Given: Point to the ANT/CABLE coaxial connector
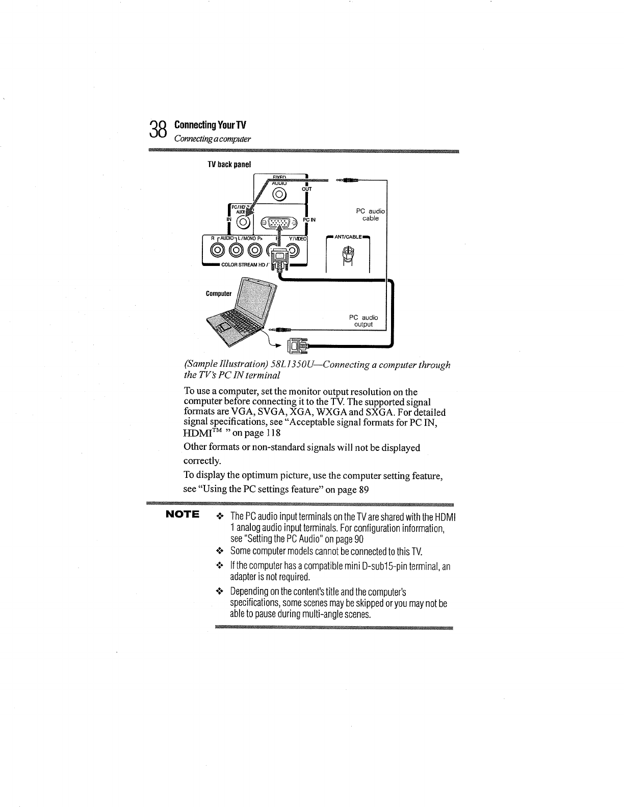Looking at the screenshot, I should pyautogui.click(x=348, y=253).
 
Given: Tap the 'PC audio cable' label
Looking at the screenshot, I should pyautogui.click(x=371, y=214).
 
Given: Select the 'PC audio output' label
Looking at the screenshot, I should pyautogui.click(x=363, y=321).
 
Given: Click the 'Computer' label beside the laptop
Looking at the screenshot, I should pyautogui.click(x=219, y=294).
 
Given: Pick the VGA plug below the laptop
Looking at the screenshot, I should pyautogui.click(x=297, y=347).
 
